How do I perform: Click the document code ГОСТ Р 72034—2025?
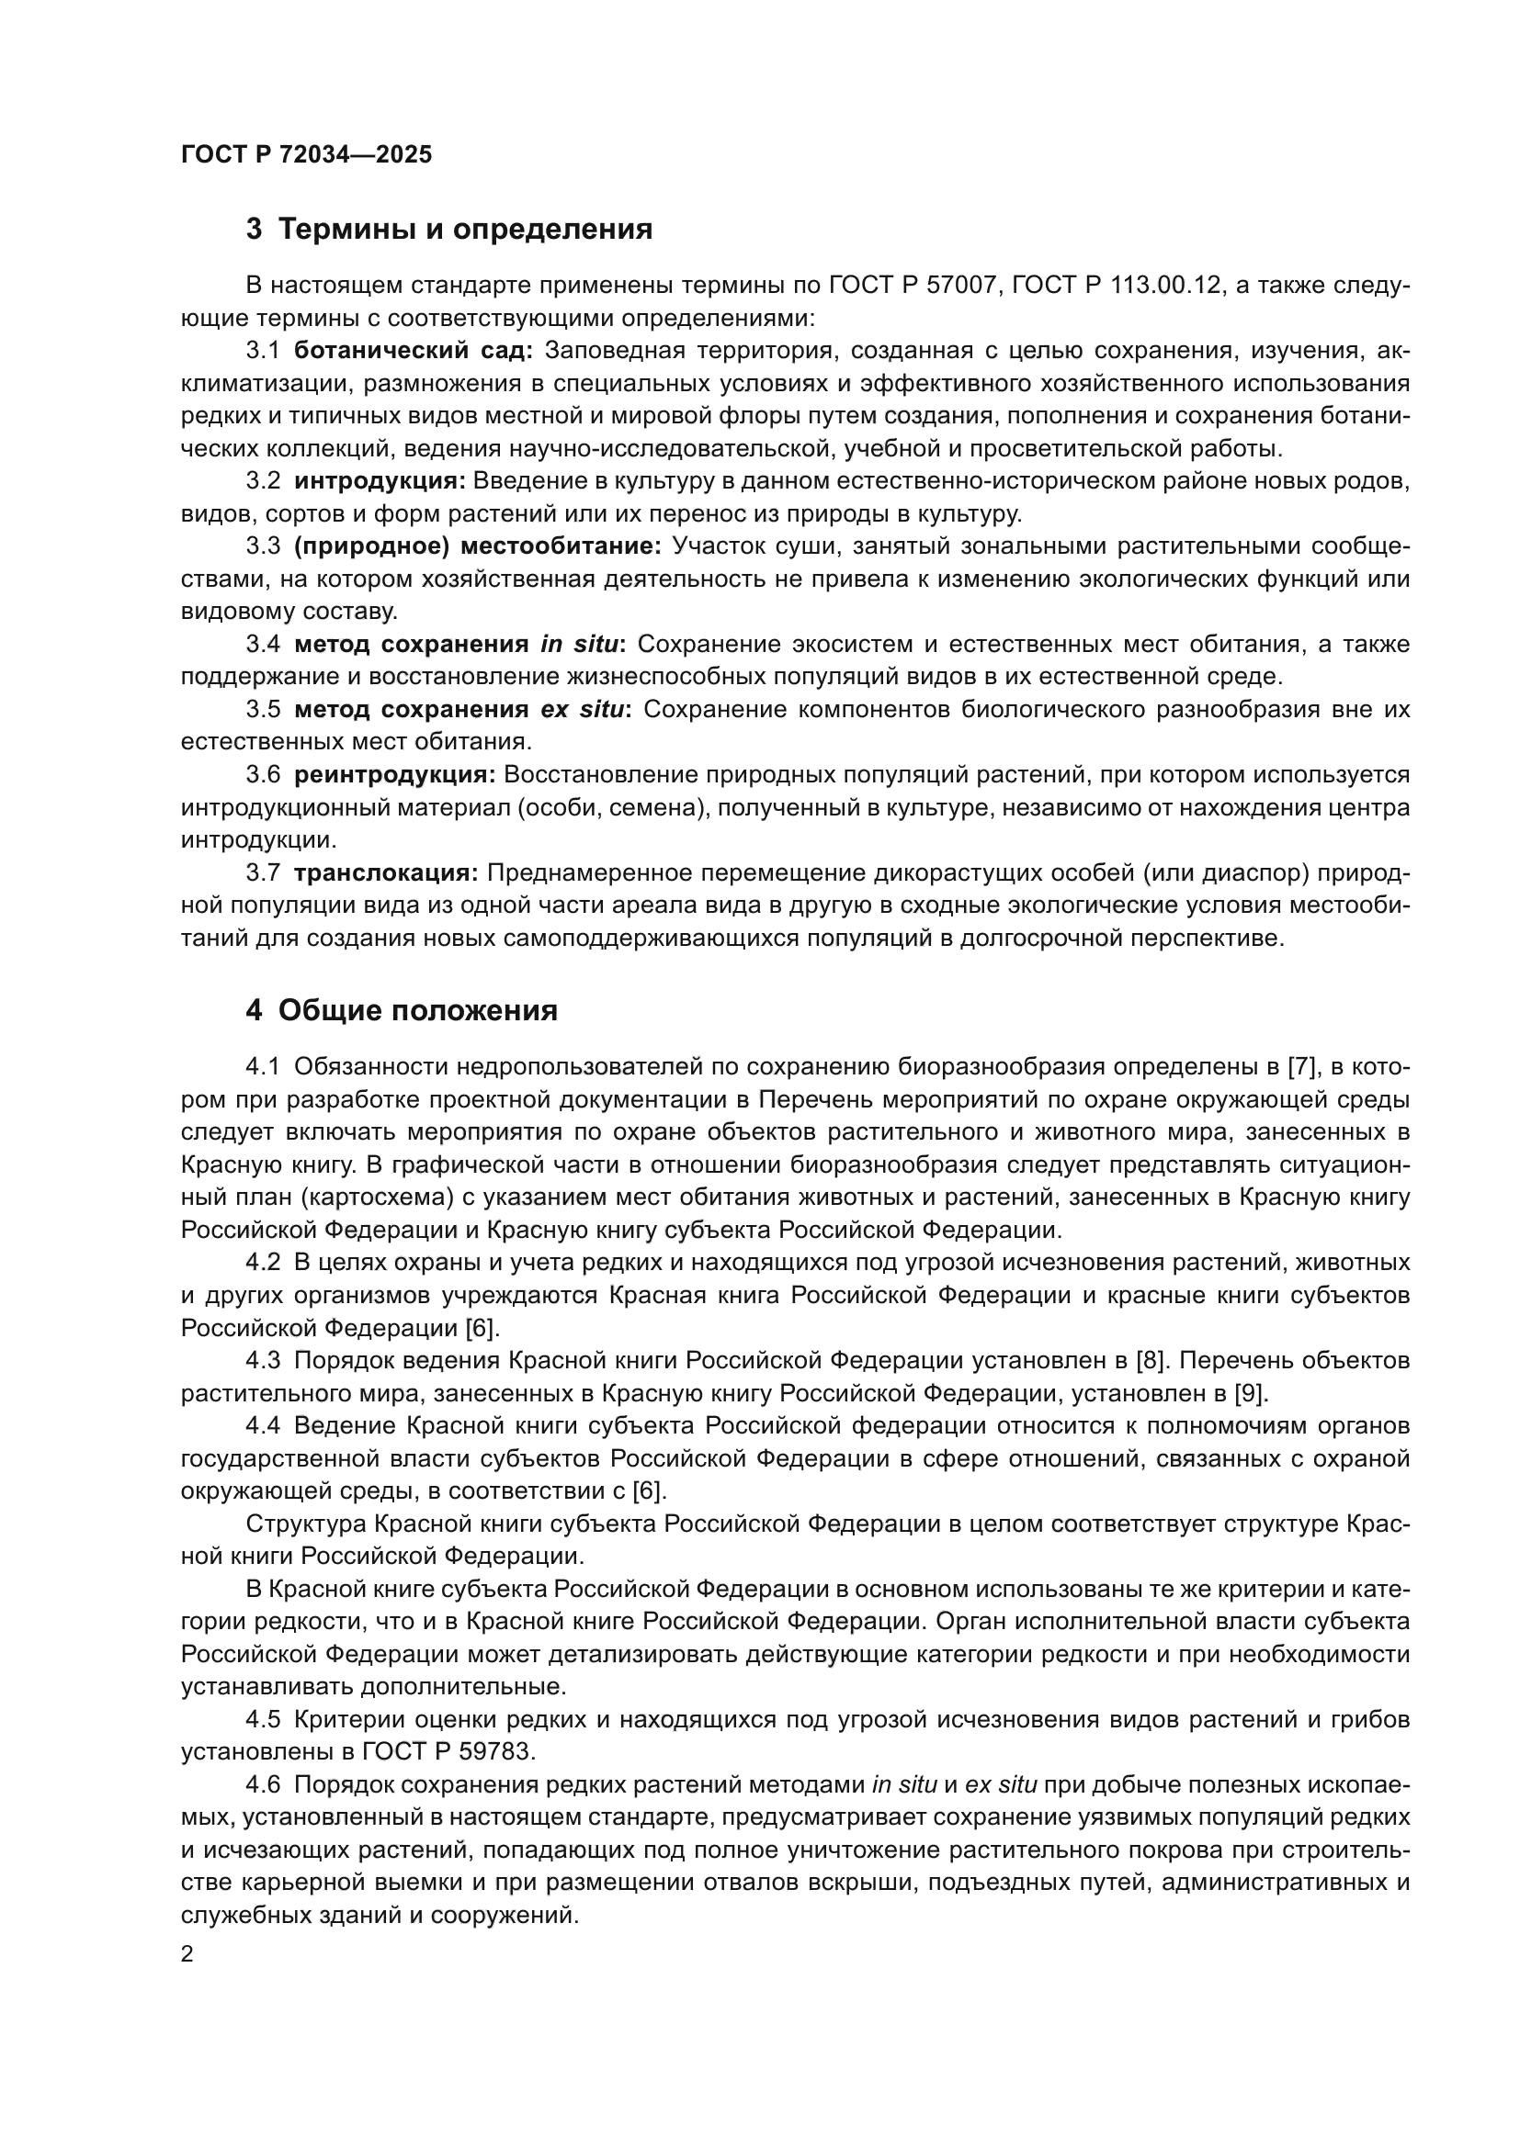coord(306,155)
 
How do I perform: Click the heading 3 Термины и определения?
coord(449,230)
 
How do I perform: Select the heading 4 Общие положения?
coord(402,1010)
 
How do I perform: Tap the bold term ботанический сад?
coord(413,351)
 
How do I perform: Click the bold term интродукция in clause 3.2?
coord(379,481)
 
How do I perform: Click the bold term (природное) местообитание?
coord(477,546)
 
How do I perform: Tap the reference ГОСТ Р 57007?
coord(913,286)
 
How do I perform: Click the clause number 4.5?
coord(263,1718)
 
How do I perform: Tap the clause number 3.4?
coord(263,645)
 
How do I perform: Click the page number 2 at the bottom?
coord(187,1954)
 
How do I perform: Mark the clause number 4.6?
coord(263,1784)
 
